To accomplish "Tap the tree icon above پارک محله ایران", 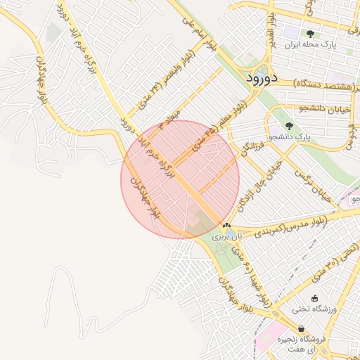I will click(x=310, y=33).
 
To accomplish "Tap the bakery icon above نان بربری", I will click(x=226, y=226).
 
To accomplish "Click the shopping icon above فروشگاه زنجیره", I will click(x=302, y=328).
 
